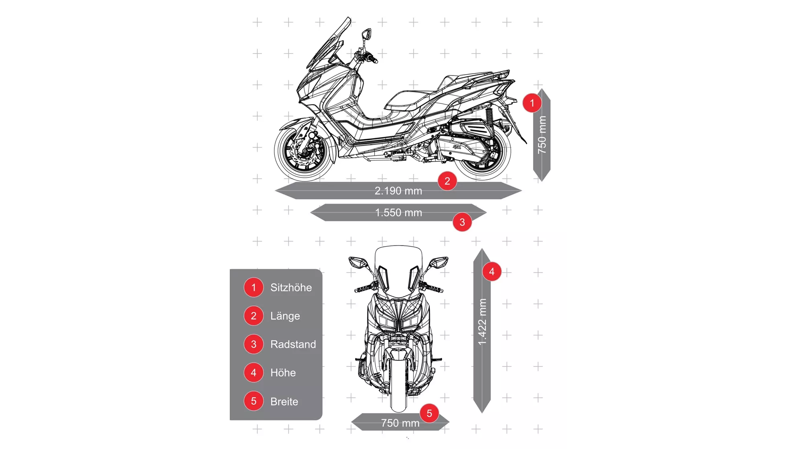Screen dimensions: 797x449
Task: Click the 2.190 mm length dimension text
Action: (398, 191)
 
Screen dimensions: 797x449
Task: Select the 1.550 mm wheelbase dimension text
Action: (398, 212)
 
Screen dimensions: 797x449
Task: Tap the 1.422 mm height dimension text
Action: (482, 321)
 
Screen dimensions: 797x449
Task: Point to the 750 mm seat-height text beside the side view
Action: (542, 135)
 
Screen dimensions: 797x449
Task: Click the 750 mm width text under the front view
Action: (400, 423)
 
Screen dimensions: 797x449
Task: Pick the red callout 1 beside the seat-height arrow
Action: (532, 103)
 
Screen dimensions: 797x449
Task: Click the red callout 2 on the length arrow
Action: (447, 181)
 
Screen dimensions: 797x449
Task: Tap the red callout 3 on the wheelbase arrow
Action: (462, 222)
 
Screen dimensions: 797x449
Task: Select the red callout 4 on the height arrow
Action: (492, 272)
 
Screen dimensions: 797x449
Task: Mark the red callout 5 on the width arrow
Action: (429, 413)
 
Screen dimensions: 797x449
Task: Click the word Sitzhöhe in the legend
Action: (291, 287)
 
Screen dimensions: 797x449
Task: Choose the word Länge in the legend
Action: (285, 316)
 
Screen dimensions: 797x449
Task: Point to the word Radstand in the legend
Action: (293, 344)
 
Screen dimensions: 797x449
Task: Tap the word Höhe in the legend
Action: (283, 373)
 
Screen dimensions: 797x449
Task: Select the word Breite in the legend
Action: (284, 402)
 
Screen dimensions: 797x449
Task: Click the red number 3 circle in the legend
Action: (253, 344)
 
